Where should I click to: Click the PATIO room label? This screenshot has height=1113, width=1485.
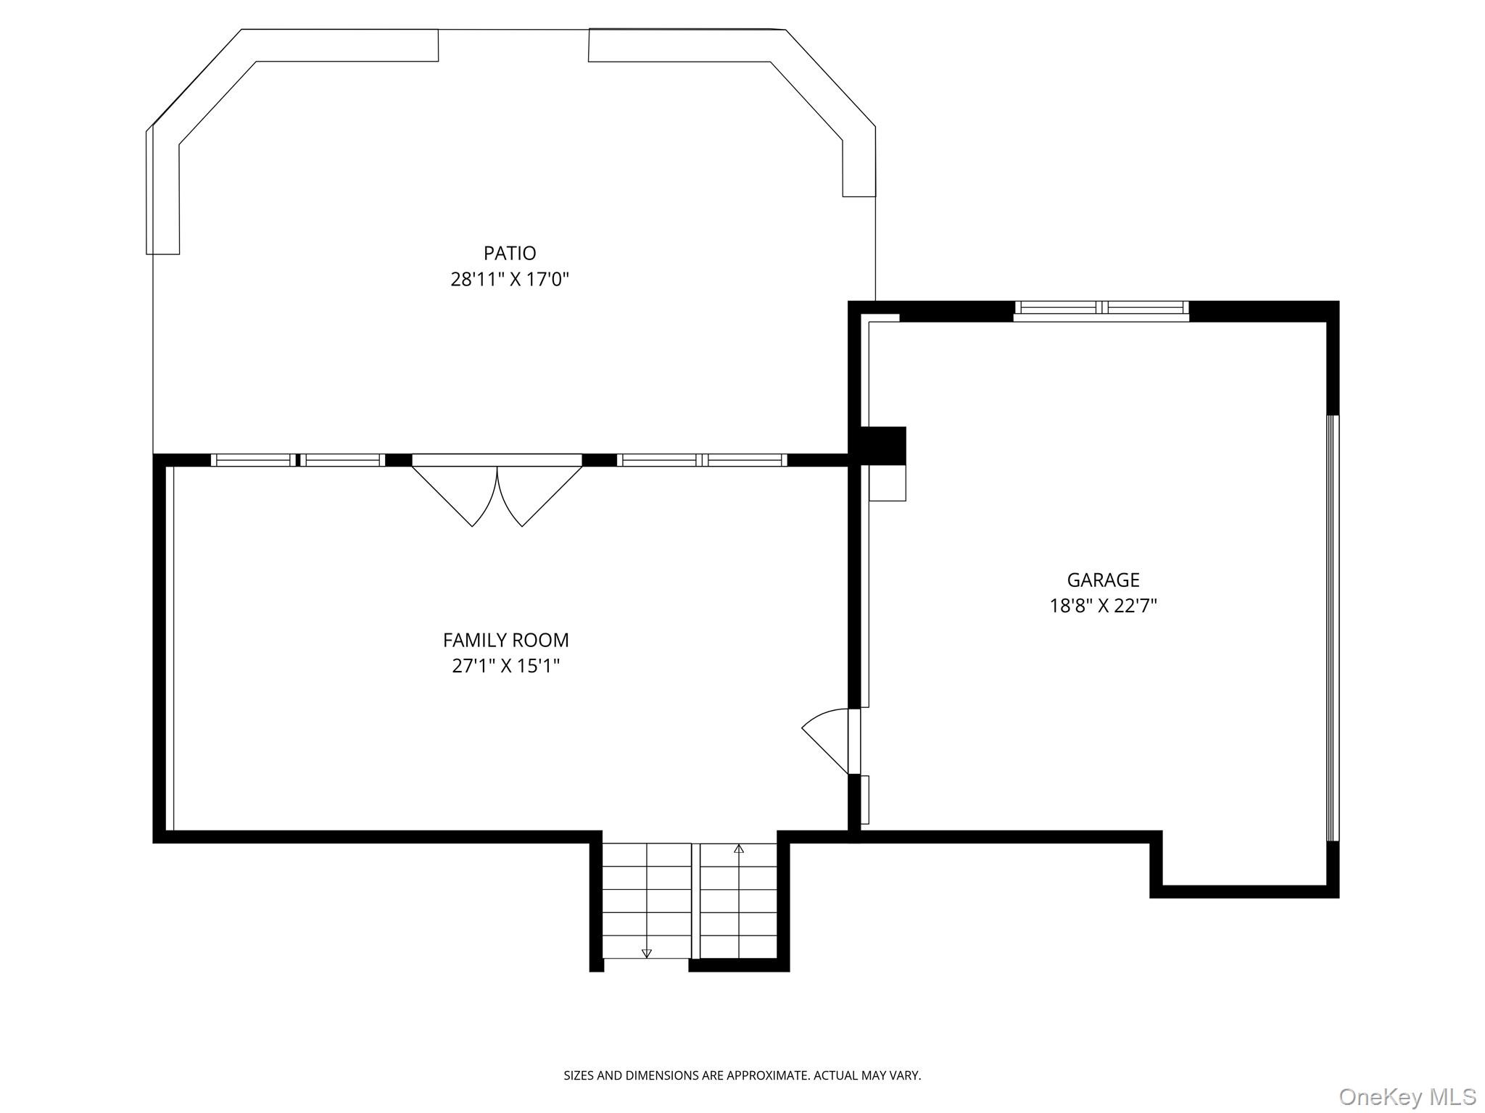510,253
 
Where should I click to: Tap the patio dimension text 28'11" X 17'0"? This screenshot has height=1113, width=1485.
510,279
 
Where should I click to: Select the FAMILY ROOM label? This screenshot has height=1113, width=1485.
505,640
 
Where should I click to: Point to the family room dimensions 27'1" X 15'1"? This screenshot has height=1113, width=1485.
505,665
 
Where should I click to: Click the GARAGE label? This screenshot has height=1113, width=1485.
1103,580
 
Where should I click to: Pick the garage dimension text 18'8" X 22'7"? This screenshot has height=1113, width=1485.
1103,605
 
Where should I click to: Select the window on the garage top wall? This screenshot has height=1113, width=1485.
1101,310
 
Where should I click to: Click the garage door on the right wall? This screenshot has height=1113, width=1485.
1333,628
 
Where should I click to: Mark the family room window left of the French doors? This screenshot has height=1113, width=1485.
297,459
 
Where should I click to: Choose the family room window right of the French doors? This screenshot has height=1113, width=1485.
701,459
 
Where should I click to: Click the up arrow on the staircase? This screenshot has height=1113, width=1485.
739,849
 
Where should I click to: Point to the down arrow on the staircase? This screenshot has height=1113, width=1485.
647,953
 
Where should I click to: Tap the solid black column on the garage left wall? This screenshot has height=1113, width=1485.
882,445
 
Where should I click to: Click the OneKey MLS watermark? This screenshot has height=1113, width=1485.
1407,1096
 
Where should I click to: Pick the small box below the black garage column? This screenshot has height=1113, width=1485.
888,483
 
